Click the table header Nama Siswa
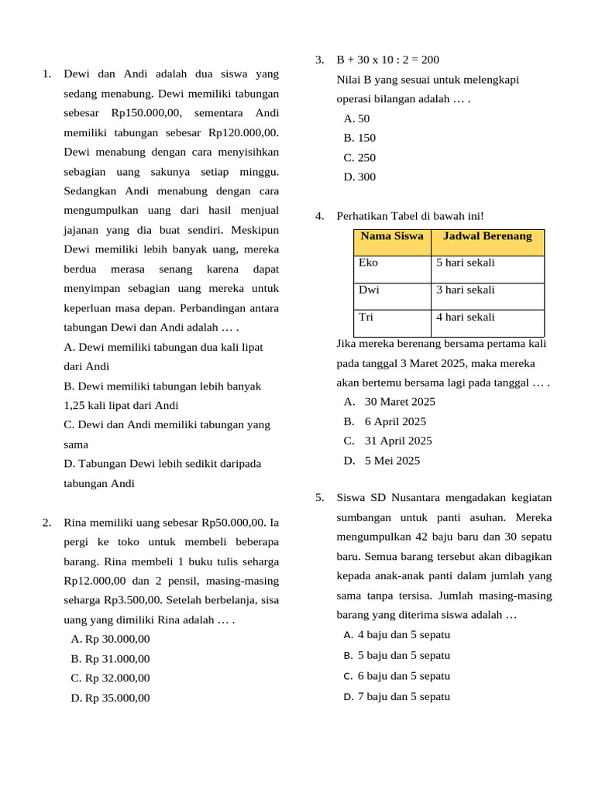tap(391, 236)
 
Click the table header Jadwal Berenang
tap(487, 236)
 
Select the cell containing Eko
tap(369, 263)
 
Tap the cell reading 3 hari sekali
tap(465, 290)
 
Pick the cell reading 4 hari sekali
tap(465, 317)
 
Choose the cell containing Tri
tap(366, 317)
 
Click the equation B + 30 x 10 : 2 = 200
tap(387, 60)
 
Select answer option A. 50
tap(357, 118)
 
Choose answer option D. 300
tap(359, 177)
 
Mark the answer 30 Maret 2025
tap(400, 401)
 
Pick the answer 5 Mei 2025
tap(392, 460)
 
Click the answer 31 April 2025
tap(398, 441)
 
